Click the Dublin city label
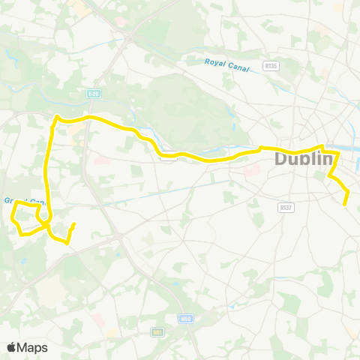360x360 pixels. click(x=304, y=159)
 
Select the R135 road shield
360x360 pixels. click(x=271, y=66)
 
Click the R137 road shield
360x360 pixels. click(x=284, y=207)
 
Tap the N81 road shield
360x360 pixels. click(x=157, y=331)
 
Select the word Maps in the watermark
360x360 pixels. click(x=33, y=347)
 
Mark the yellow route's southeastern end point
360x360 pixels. click(x=346, y=203)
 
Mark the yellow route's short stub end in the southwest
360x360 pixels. click(x=73, y=224)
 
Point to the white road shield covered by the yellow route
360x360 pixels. click(x=168, y=157)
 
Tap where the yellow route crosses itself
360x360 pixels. click(x=45, y=222)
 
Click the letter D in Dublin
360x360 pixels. click(x=282, y=159)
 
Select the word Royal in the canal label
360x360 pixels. click(x=214, y=62)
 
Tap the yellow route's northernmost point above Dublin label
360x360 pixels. click(x=322, y=146)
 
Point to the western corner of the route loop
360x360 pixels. click(x=13, y=219)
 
